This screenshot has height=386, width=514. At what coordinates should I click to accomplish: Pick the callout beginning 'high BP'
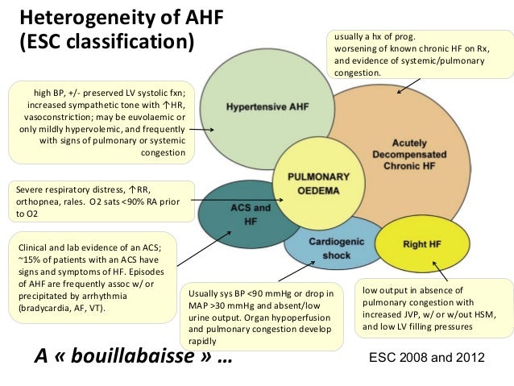click(99, 120)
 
